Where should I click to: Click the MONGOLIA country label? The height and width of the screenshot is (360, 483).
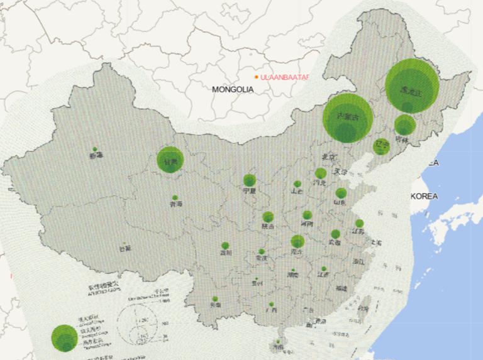pyautogui.click(x=233, y=90)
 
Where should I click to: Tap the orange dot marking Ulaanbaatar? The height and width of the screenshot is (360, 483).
pyautogui.click(x=256, y=77)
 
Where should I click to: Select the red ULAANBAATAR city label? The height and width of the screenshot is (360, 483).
pyautogui.click(x=285, y=77)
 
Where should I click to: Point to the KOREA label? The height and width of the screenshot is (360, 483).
pyautogui.click(x=424, y=196)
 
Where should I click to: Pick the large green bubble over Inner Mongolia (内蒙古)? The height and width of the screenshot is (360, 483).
pyautogui.click(x=348, y=118)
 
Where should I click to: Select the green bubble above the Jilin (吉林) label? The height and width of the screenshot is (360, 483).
pyautogui.click(x=404, y=125)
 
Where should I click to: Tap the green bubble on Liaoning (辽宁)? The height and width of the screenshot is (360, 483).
pyautogui.click(x=381, y=146)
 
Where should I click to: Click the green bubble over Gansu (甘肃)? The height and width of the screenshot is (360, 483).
pyautogui.click(x=169, y=160)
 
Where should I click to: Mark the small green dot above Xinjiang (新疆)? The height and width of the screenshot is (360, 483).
pyautogui.click(x=95, y=149)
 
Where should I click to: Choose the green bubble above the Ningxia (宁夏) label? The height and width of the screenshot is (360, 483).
pyautogui.click(x=250, y=180)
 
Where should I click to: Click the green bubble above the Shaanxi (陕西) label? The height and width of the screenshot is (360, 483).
pyautogui.click(x=268, y=217)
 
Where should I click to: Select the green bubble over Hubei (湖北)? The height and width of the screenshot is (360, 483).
pyautogui.click(x=297, y=241)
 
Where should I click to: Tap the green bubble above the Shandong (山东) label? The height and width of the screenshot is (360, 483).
pyautogui.click(x=341, y=194)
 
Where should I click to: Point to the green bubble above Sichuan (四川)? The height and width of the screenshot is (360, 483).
pyautogui.click(x=225, y=246)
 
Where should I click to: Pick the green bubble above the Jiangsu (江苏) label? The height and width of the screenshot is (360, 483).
pyautogui.click(x=359, y=224)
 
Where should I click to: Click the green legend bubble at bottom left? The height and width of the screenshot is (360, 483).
pyautogui.click(x=64, y=338)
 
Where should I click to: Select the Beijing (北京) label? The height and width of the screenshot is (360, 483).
pyautogui.click(x=329, y=156)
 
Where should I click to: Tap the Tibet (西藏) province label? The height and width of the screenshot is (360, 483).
pyautogui.click(x=125, y=248)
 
